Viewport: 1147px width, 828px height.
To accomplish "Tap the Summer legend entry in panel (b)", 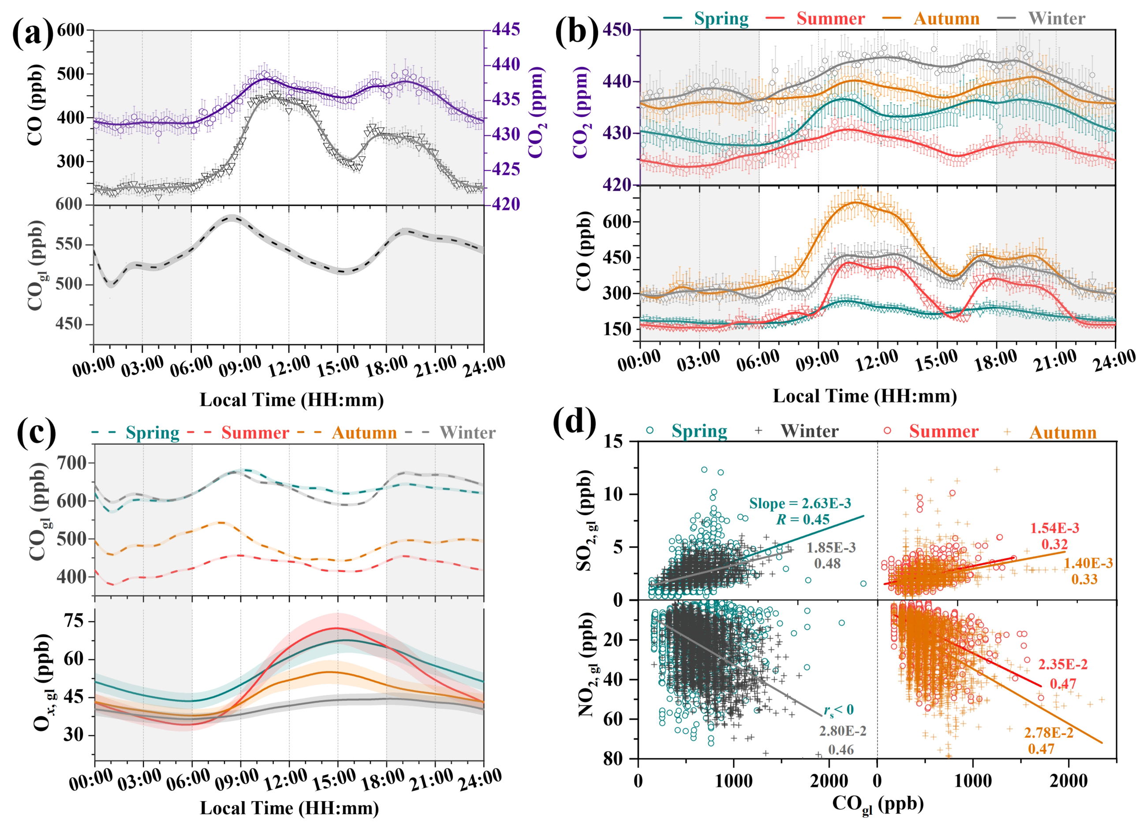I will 830,19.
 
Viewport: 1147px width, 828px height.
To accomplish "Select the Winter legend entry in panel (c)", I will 467,433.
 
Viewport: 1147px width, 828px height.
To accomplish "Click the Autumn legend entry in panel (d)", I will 1062,433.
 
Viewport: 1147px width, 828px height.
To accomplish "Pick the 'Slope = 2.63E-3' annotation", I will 800,504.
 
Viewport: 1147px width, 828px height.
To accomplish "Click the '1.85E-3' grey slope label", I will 831,547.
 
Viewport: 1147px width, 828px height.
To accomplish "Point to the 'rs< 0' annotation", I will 838,710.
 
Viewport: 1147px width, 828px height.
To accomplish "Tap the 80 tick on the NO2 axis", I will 613,759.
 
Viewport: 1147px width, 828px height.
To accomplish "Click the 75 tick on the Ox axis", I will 74,621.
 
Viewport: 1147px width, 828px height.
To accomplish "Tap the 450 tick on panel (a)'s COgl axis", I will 69,324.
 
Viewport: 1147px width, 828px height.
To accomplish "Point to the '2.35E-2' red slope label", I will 1062,664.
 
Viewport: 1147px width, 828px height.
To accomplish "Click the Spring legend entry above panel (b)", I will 721,19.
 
